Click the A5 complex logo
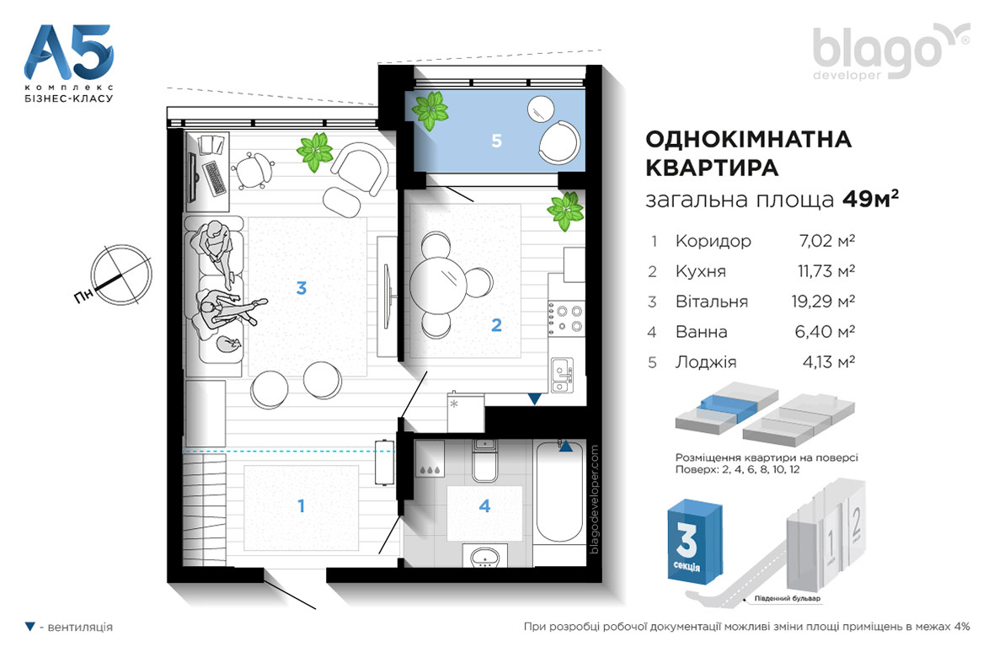click(x=68, y=63)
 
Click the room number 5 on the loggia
click(x=496, y=141)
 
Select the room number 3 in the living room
click(x=301, y=288)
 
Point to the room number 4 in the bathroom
click(x=485, y=505)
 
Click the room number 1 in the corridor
click(x=301, y=506)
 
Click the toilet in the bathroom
click(x=485, y=461)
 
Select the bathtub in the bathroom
click(x=559, y=491)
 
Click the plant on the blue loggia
click(x=430, y=110)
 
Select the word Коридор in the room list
click(x=713, y=241)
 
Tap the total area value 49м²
click(x=870, y=199)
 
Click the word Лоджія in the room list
click(x=706, y=362)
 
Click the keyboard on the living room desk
click(x=214, y=179)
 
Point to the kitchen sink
click(x=562, y=375)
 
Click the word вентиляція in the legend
click(x=80, y=628)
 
